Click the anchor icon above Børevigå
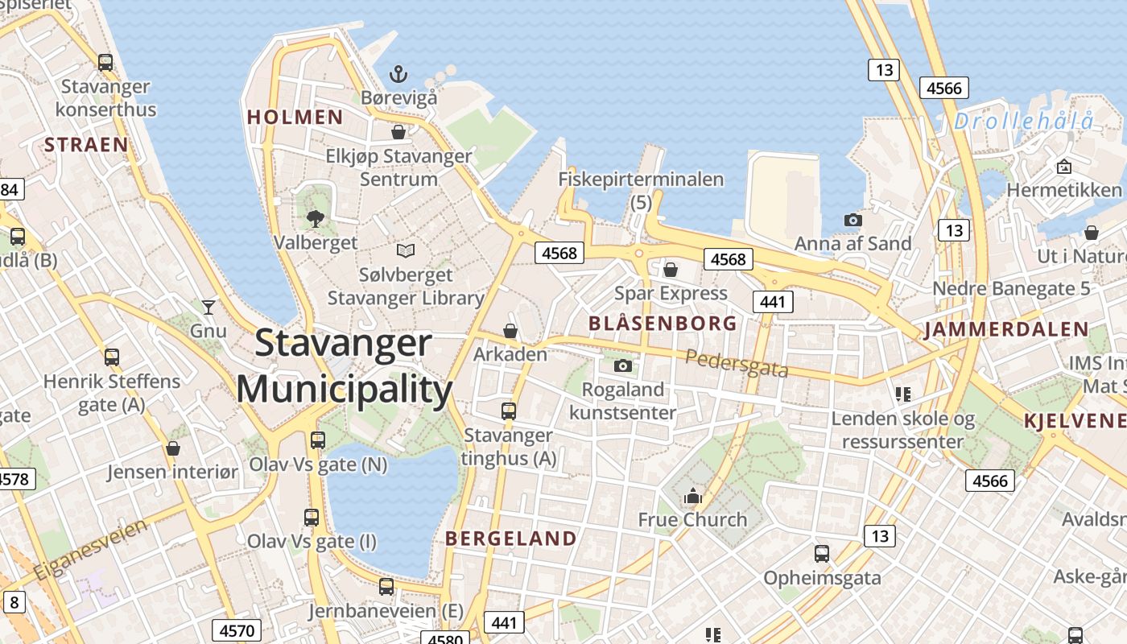tap(398, 74)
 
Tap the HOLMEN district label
tap(295, 117)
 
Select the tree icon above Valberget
tap(316, 217)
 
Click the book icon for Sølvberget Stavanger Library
tap(406, 251)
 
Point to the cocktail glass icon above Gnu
tap(208, 307)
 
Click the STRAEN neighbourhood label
tap(86, 145)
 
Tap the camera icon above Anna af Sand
tap(852, 220)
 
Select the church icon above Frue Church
tap(692, 497)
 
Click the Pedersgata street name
tap(737, 364)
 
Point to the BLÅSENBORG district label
tap(663, 324)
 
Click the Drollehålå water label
tap(1024, 122)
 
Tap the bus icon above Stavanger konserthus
tap(105, 62)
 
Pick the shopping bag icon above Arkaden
tap(510, 331)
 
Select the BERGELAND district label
tap(510, 539)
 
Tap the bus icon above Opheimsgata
tap(821, 554)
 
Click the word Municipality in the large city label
tap(345, 390)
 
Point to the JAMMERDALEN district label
tap(1006, 329)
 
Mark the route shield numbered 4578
tap(14, 480)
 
